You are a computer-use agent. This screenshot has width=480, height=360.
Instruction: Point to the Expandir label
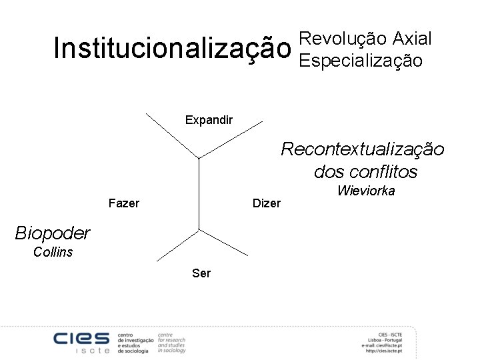tap(209, 120)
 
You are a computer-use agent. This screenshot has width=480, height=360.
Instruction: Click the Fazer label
tap(123, 203)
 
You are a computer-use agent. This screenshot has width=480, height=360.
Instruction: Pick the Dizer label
tap(267, 203)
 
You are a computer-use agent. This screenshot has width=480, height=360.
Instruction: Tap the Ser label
tap(201, 273)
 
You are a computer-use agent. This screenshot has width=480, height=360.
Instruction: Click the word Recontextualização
tap(362, 149)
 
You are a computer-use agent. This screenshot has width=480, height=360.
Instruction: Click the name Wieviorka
tap(366, 191)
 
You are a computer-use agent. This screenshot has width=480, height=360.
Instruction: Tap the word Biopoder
tap(52, 233)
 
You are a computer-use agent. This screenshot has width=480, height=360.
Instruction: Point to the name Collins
tap(53, 252)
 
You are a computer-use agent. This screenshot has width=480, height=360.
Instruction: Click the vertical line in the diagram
tap(199, 193)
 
